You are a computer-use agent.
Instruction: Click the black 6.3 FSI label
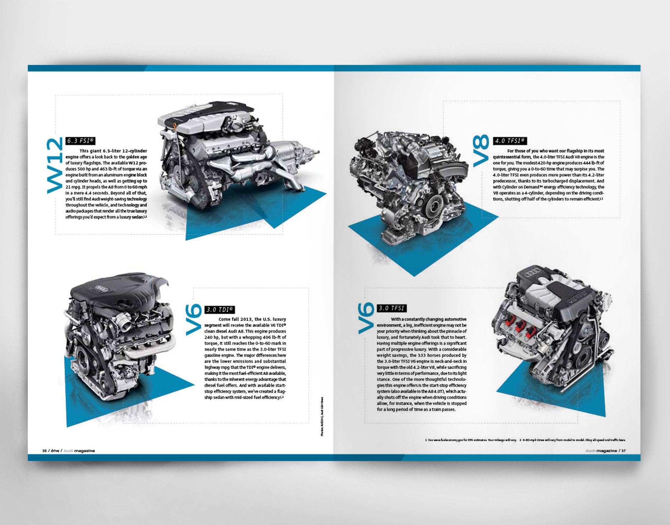(80, 141)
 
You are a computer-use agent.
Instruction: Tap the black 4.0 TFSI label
(510, 141)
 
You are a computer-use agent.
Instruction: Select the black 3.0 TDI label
(219, 309)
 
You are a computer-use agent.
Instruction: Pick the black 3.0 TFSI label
(392, 308)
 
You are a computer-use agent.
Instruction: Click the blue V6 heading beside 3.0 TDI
(194, 319)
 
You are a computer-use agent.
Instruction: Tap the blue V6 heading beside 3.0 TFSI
(366, 318)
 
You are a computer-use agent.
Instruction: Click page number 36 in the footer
(44, 451)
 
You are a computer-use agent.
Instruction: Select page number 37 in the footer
(623, 451)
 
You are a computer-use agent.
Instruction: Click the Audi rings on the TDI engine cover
(101, 288)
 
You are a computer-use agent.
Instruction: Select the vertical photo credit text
(322, 417)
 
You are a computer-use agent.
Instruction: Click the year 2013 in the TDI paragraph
(247, 319)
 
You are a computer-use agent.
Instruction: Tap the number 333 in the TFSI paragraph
(422, 355)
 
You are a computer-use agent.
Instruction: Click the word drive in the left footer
(55, 451)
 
